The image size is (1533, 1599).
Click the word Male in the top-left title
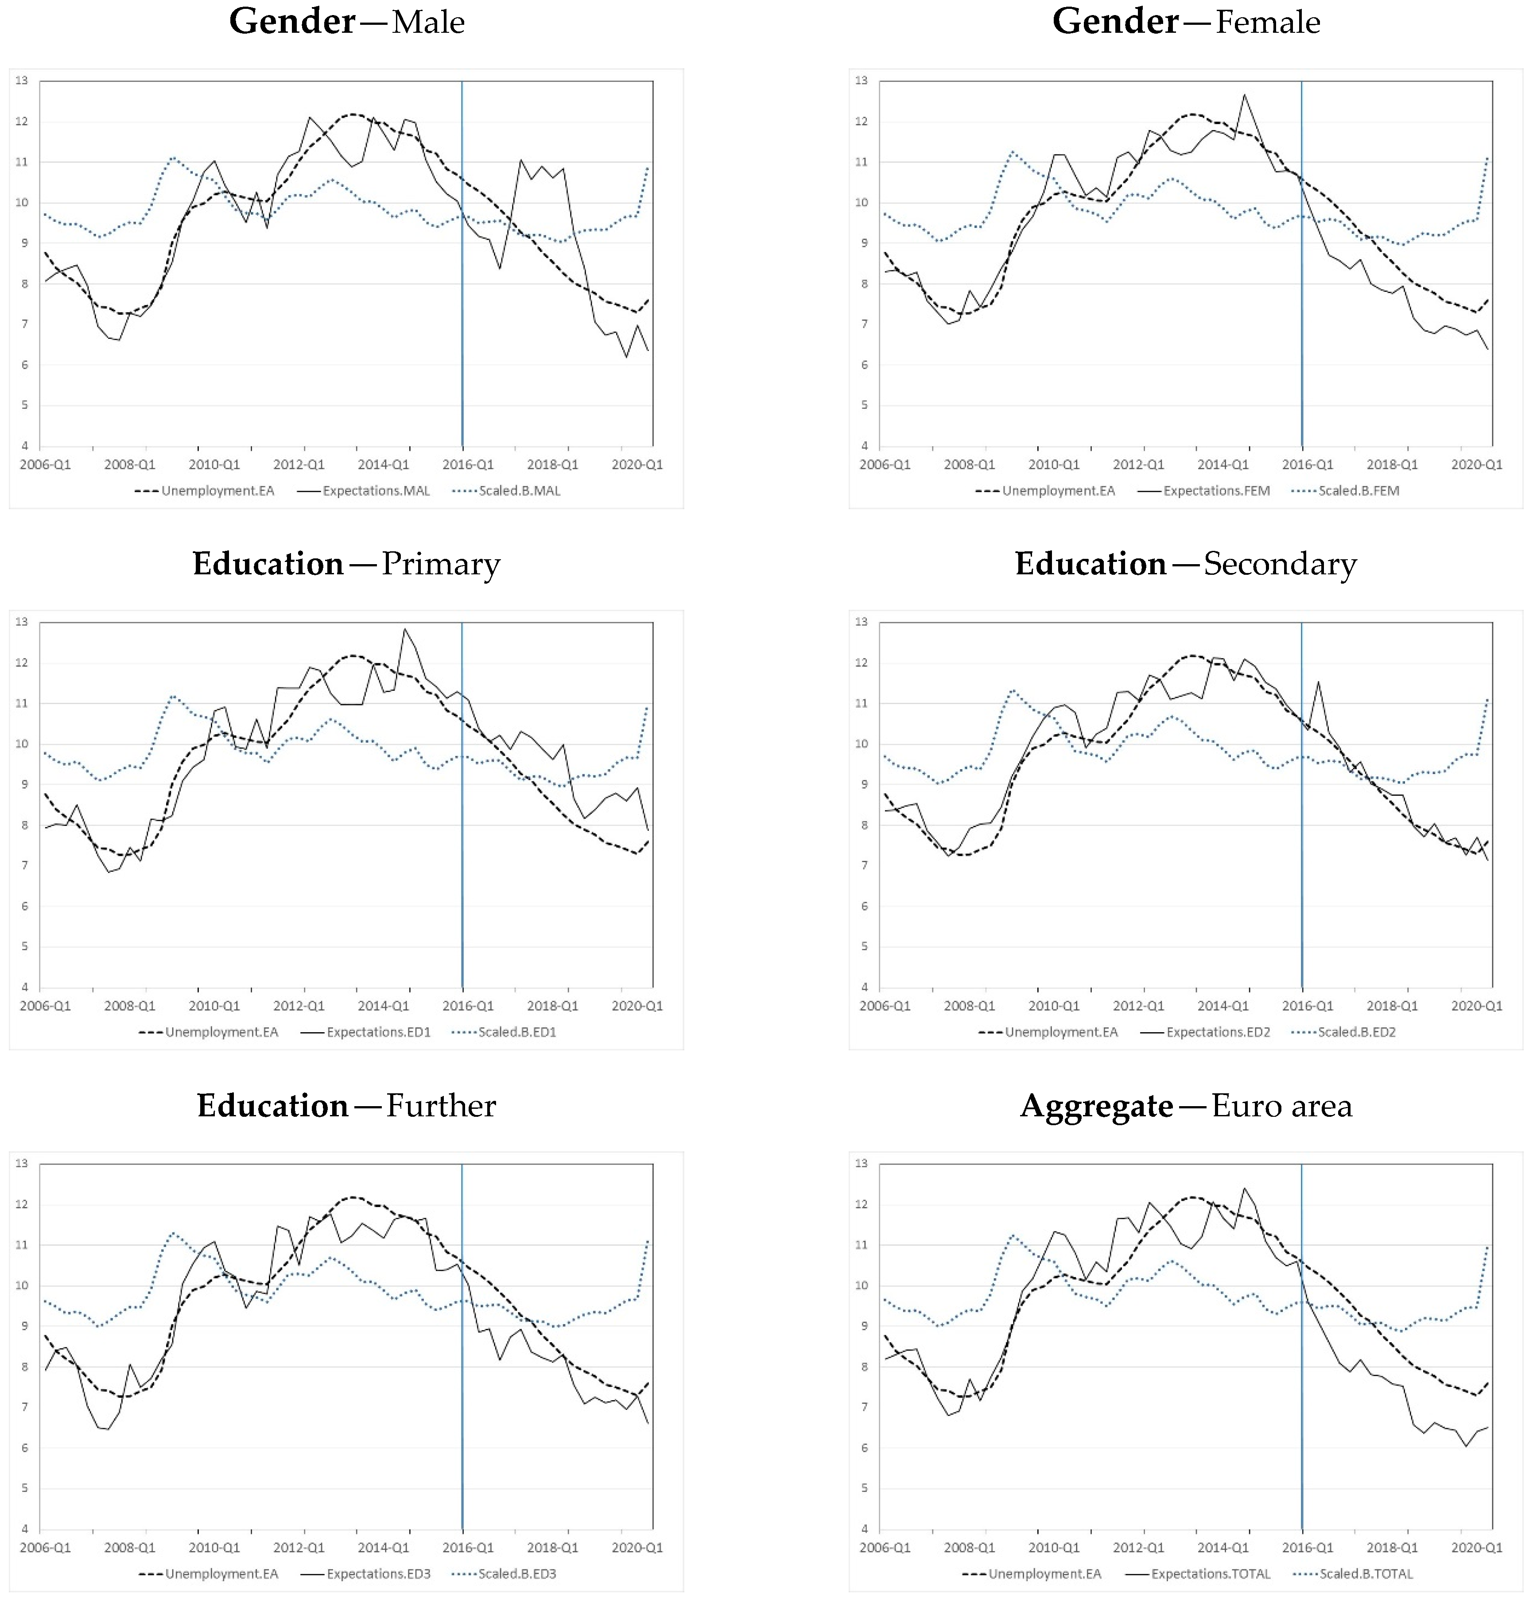428,22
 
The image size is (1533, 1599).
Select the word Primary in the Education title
441,564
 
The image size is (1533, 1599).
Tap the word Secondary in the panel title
1280,564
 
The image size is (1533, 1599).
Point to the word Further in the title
441,1105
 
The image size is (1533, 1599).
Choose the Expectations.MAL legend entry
375,490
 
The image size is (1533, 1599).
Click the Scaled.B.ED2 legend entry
1356,1032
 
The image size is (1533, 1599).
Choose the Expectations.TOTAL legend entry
1210,1574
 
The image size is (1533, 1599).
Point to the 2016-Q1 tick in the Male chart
467,464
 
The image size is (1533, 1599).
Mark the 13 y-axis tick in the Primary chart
22,622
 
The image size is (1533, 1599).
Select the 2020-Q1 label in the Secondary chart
1476,1006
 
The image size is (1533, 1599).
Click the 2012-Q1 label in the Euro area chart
1138,1548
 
